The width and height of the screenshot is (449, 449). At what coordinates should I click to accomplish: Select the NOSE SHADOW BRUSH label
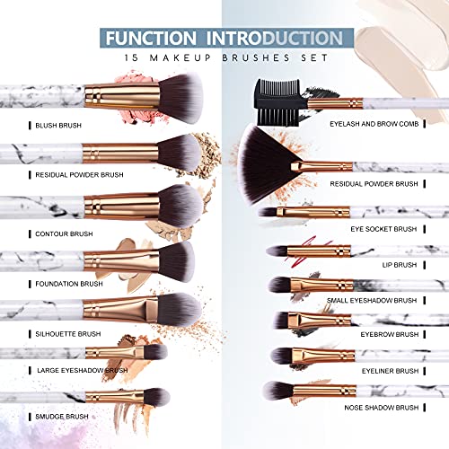(381, 406)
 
